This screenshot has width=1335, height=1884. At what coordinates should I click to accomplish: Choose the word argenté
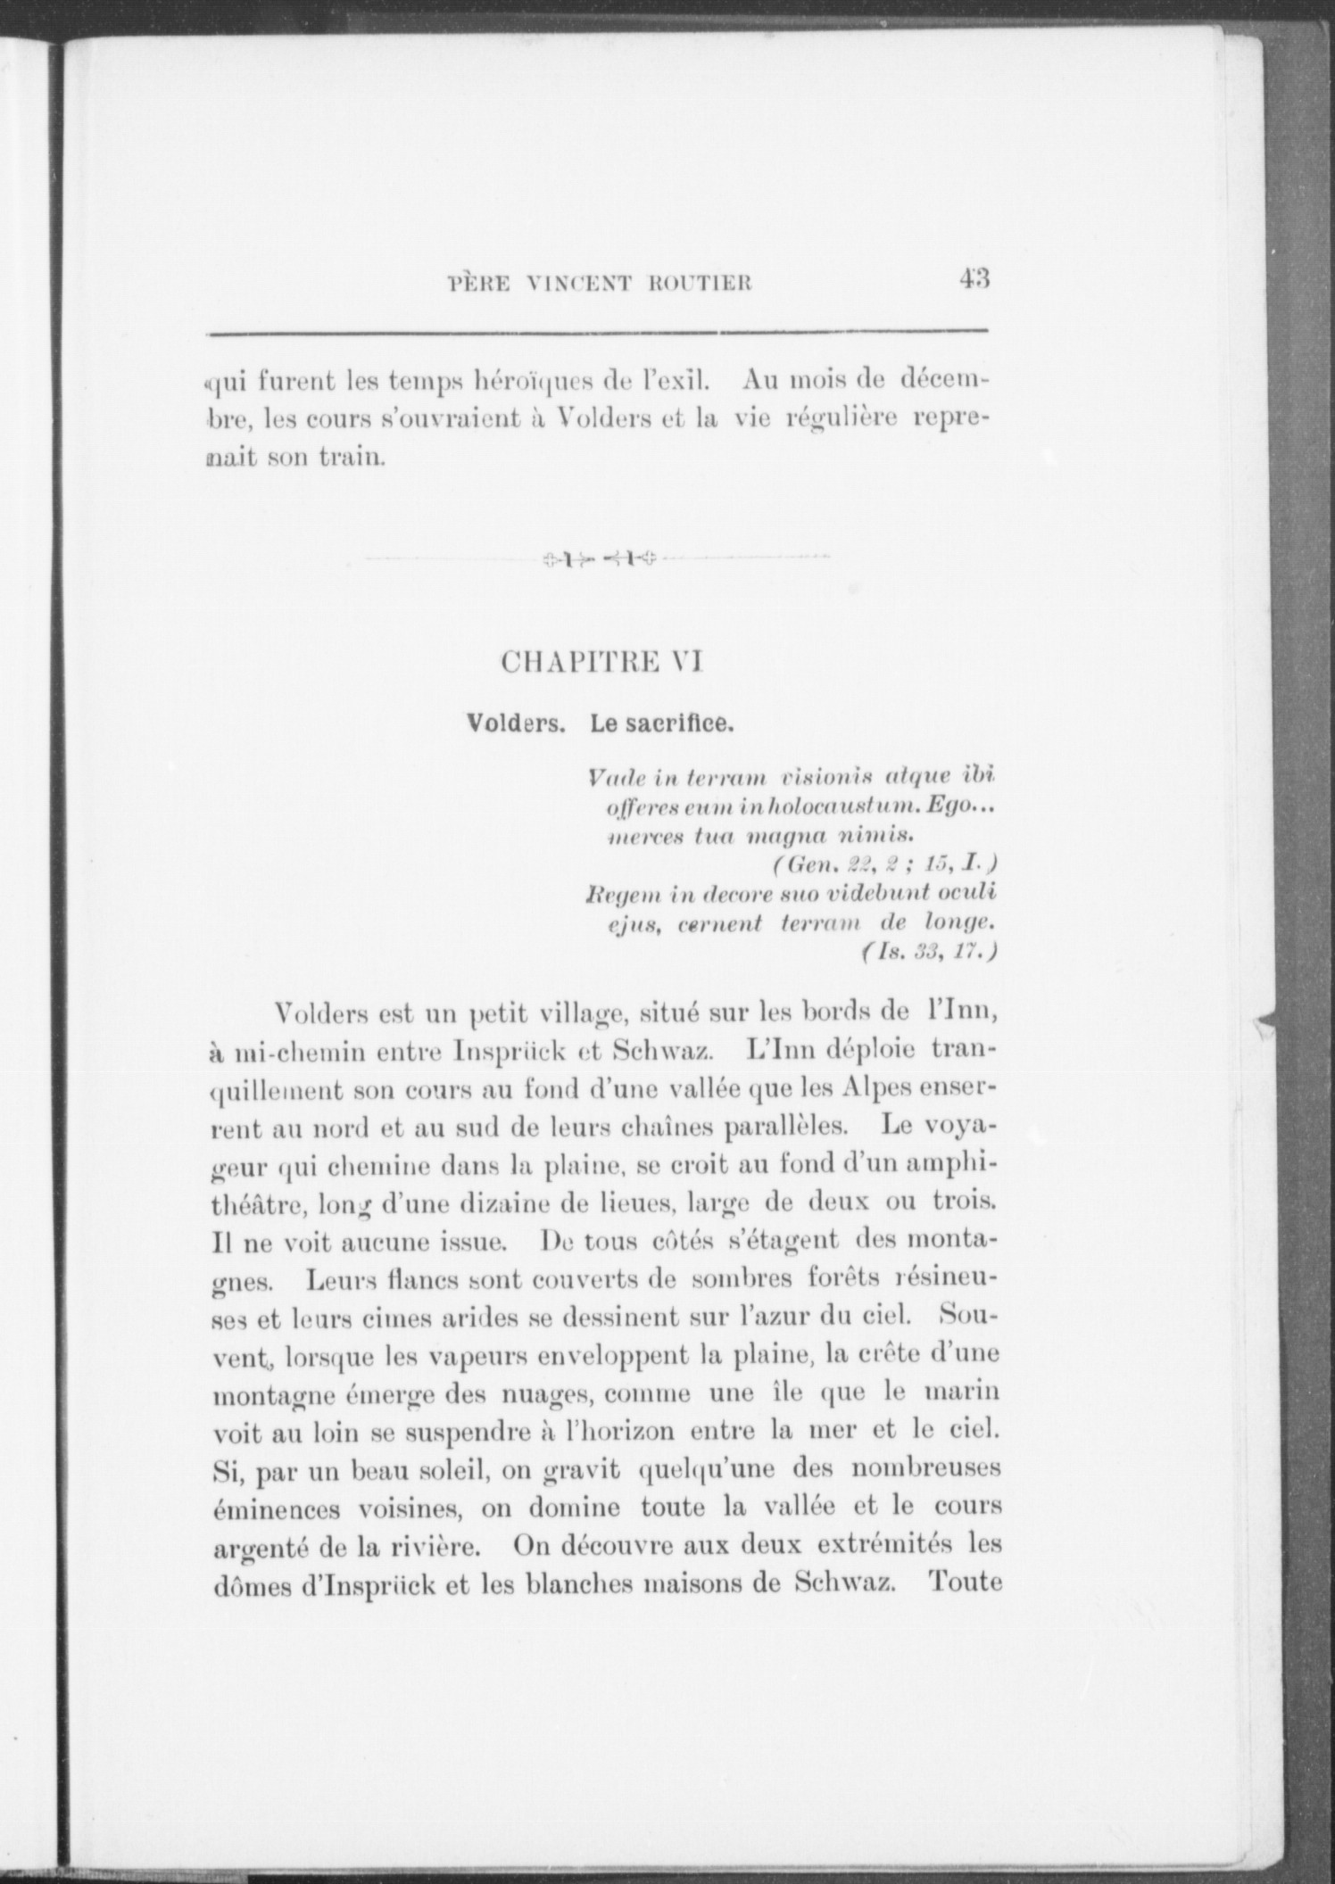click(267, 1548)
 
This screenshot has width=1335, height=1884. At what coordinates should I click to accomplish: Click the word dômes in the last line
click(261, 1584)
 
